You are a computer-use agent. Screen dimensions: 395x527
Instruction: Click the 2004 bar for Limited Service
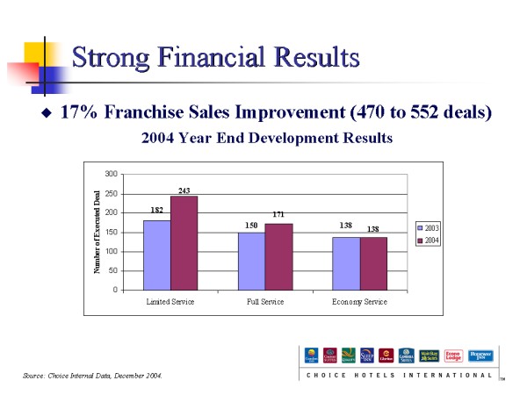tap(184, 243)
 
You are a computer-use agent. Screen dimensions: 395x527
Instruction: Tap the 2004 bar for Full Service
tap(278, 256)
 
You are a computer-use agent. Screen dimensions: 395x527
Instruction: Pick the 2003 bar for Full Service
tap(251, 261)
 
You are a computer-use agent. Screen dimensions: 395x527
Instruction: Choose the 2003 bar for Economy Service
tap(345, 263)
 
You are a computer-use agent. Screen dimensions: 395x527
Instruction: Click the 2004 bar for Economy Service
tap(372, 263)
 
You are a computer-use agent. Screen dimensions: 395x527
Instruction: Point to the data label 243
tap(184, 190)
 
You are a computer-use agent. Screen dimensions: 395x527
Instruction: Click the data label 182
tap(157, 211)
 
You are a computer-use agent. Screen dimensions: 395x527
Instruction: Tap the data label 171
tap(278, 214)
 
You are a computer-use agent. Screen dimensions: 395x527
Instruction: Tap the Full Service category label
tap(264, 301)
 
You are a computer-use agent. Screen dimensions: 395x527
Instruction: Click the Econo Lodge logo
tap(453, 355)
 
